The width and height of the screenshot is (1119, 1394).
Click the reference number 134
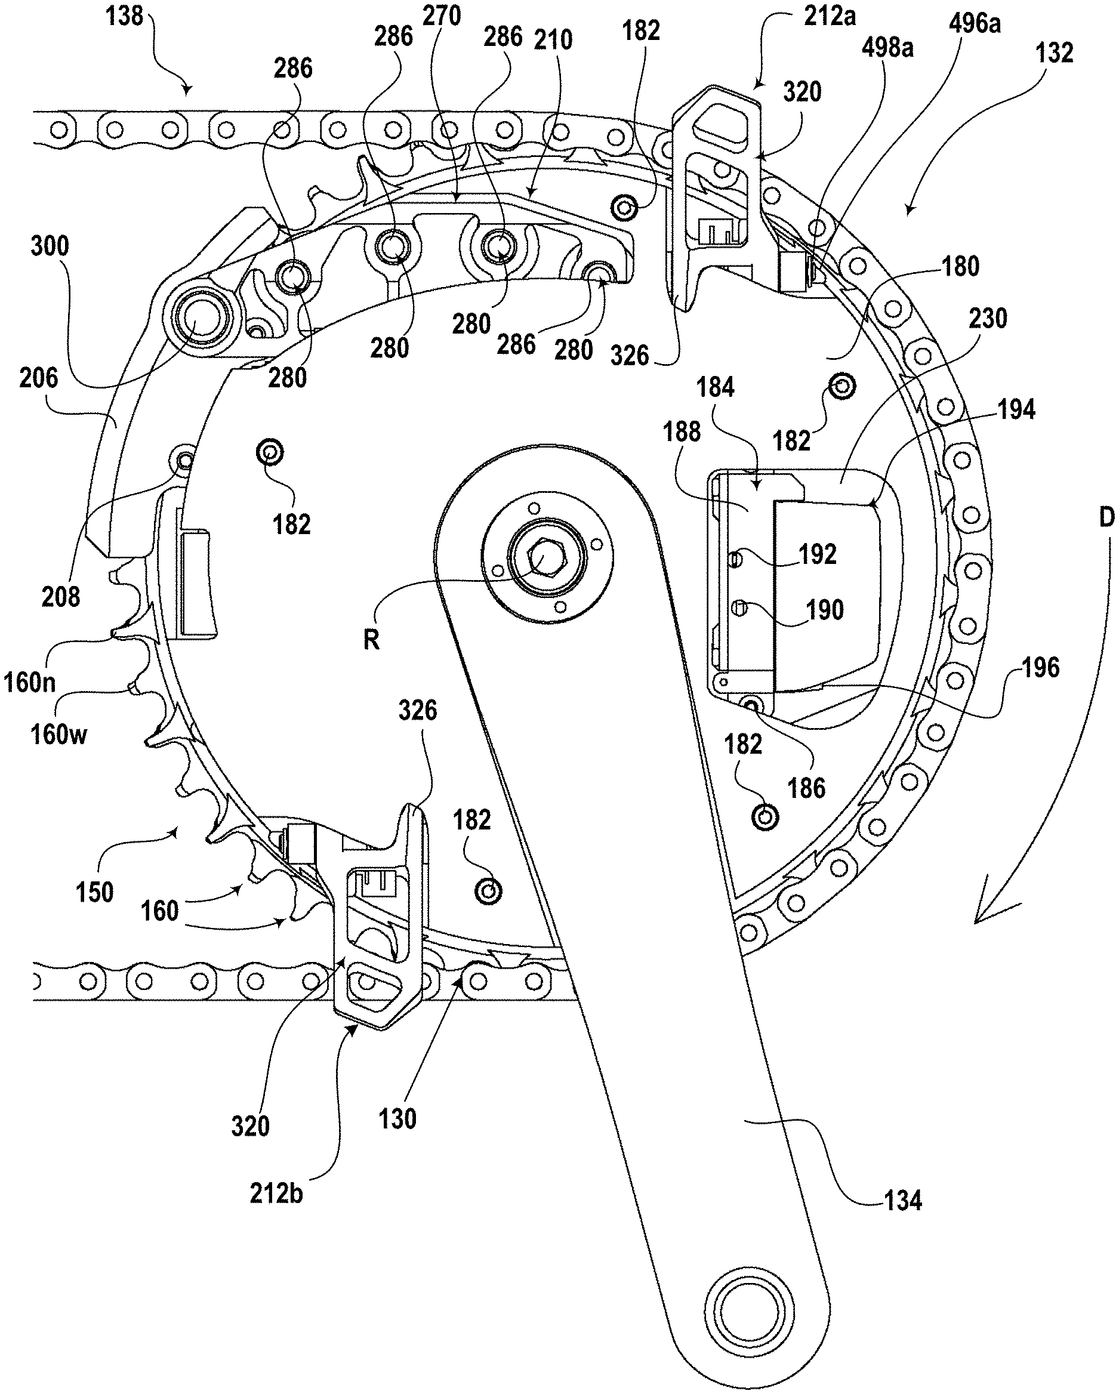click(x=902, y=1201)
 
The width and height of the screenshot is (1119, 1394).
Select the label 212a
click(x=830, y=16)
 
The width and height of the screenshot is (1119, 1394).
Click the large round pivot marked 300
click(x=202, y=317)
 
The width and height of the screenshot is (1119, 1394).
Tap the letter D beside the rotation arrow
click(x=1106, y=517)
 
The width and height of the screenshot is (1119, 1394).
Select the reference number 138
click(x=124, y=16)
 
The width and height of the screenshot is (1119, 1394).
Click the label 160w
click(x=58, y=735)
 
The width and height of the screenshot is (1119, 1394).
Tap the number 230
click(x=988, y=318)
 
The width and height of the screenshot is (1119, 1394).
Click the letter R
click(x=371, y=640)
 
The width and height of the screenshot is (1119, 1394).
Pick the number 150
click(x=94, y=892)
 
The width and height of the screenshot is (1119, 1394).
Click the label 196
click(x=1040, y=667)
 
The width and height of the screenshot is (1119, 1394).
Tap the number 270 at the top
click(x=442, y=16)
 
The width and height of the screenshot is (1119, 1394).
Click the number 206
click(x=38, y=378)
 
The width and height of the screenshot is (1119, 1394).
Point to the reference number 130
click(x=397, y=1118)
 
